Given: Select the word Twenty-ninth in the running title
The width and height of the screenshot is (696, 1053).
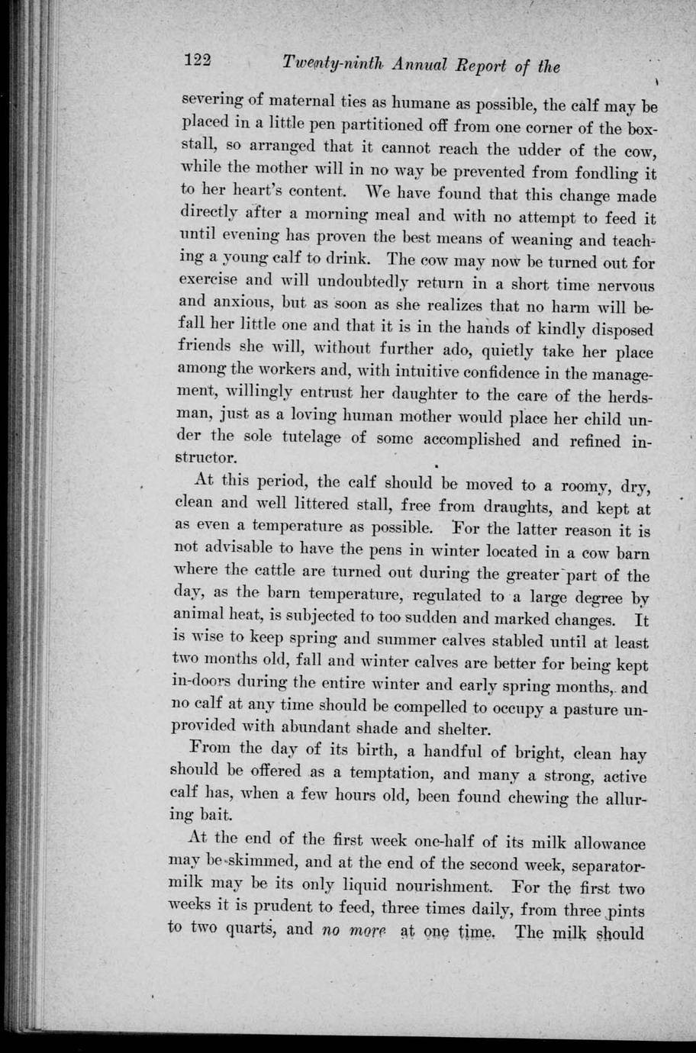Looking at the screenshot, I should pyautogui.click(x=326, y=66).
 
